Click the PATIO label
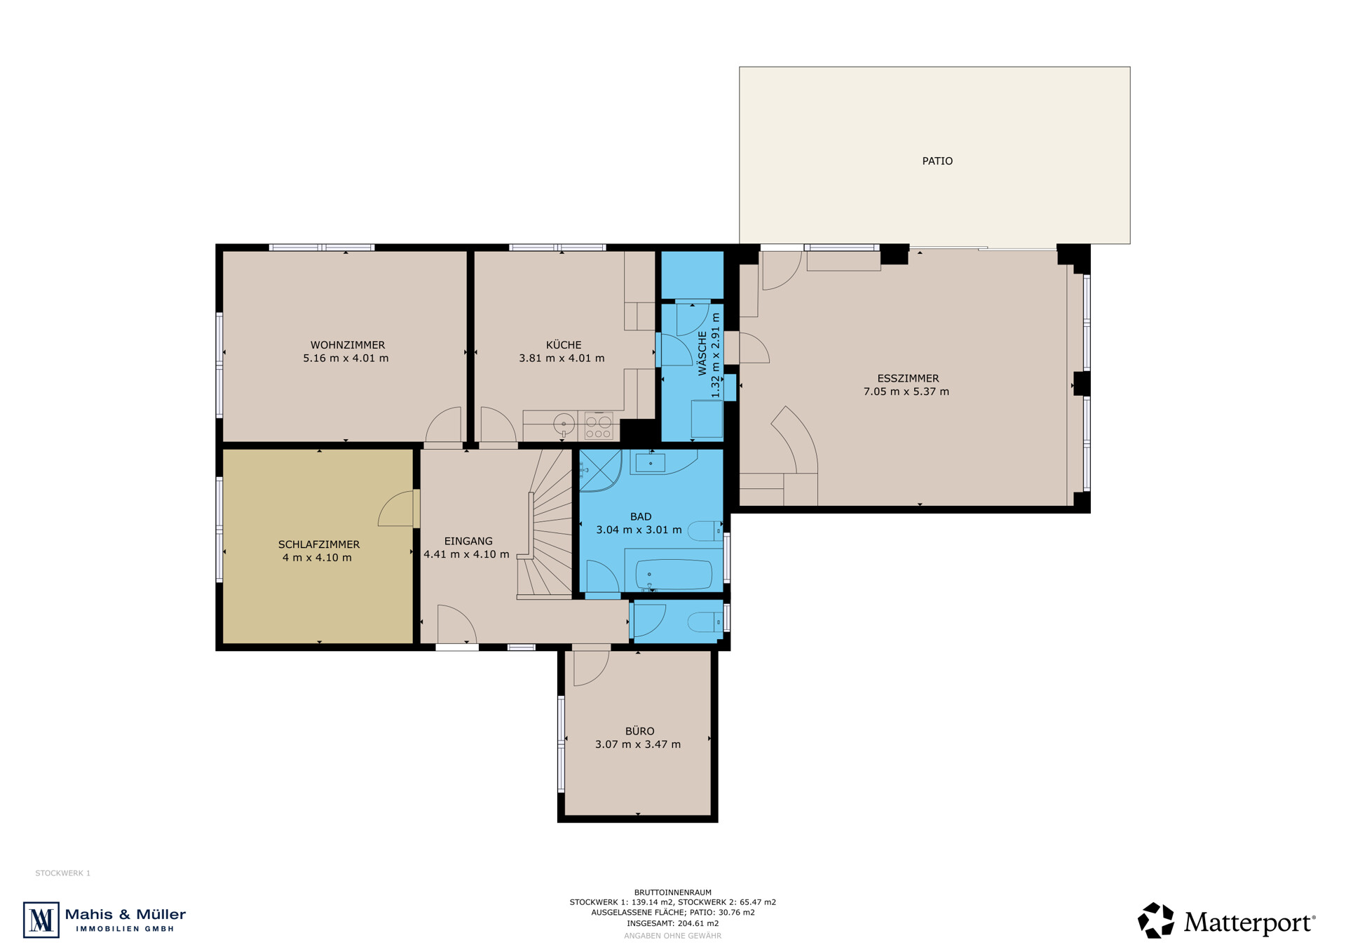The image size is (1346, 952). (x=937, y=161)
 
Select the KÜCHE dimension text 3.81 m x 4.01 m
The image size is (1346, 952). (x=562, y=358)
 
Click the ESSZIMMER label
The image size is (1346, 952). (x=908, y=379)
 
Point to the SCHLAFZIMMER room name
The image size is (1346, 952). (x=319, y=544)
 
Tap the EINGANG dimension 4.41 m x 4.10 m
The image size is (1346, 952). (x=466, y=554)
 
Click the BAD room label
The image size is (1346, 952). (x=641, y=517)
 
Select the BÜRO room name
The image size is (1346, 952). (x=639, y=731)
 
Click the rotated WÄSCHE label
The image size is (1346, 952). (x=702, y=354)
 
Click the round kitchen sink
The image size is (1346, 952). (x=564, y=424)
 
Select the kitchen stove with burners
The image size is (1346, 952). (x=599, y=426)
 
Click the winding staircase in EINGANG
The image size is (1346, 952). (x=546, y=523)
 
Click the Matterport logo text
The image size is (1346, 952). (x=1249, y=923)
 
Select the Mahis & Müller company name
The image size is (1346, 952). (x=125, y=915)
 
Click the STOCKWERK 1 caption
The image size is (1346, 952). (x=63, y=873)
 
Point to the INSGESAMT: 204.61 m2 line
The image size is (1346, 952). (x=673, y=924)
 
